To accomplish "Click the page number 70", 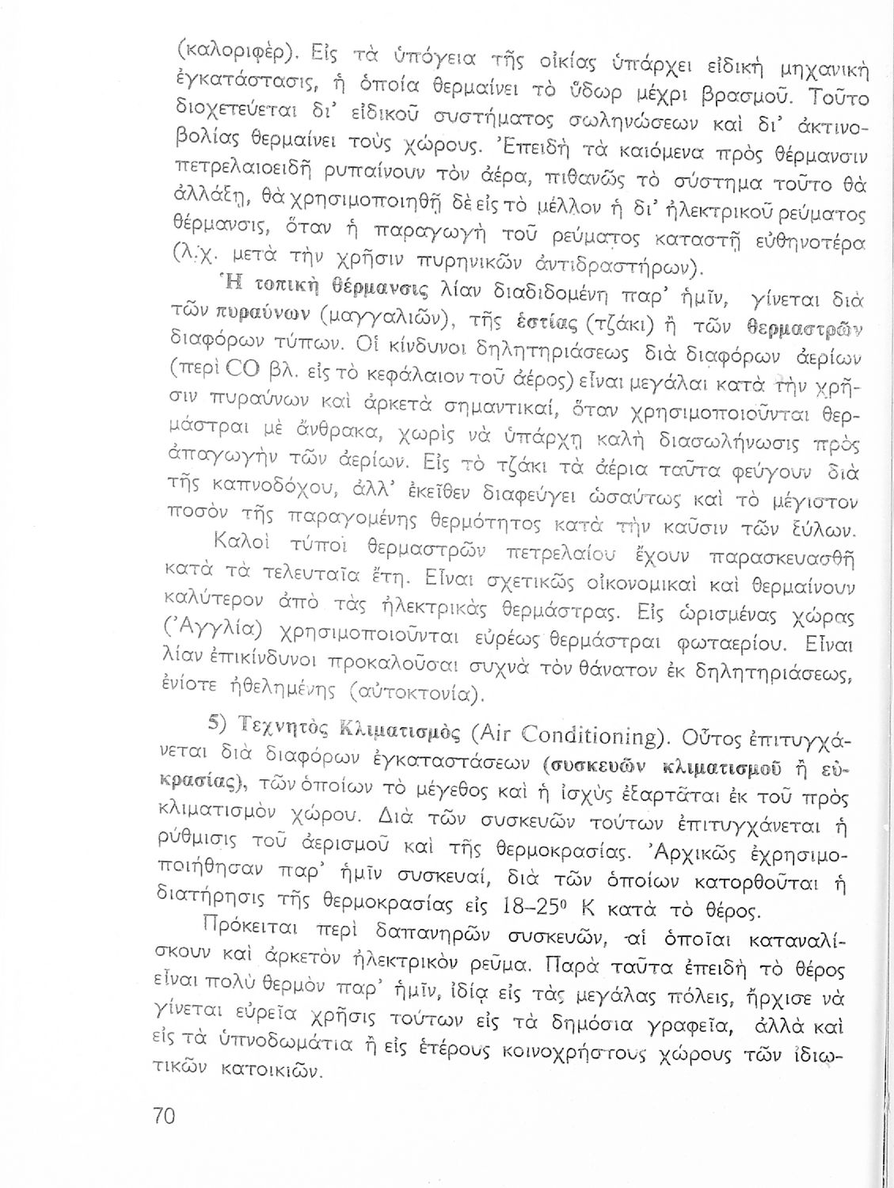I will [164, 1115].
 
